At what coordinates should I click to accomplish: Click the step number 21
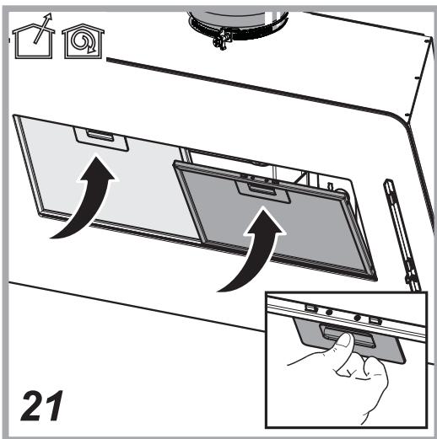tap(41, 405)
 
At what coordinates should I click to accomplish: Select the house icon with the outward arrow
tap(33, 42)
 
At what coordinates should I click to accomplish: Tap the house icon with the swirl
tap(84, 41)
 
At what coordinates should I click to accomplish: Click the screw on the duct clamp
tap(222, 40)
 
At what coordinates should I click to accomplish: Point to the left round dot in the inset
tap(329, 312)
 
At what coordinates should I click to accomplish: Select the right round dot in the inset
tap(358, 318)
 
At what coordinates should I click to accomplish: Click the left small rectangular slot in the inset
tap(311, 308)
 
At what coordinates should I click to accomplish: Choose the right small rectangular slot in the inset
tap(375, 320)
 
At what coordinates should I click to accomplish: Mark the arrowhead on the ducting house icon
tap(49, 17)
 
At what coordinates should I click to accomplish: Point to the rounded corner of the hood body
tap(399, 118)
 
